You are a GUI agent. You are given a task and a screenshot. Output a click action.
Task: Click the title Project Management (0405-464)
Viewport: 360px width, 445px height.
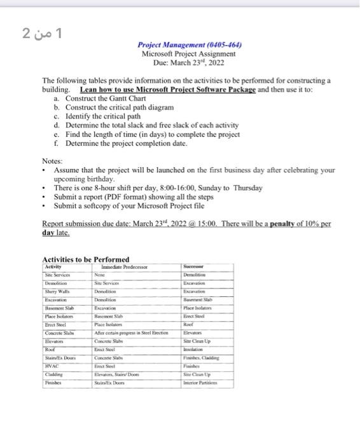point(189,45)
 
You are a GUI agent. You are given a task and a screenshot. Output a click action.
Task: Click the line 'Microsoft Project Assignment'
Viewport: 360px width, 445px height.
point(189,54)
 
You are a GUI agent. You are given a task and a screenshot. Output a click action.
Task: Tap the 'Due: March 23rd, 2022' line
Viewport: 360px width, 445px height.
point(189,63)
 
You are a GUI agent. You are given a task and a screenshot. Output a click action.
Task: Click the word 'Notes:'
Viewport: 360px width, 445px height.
point(52,161)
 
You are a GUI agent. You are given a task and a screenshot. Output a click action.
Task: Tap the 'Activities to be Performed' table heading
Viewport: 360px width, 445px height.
point(85,259)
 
